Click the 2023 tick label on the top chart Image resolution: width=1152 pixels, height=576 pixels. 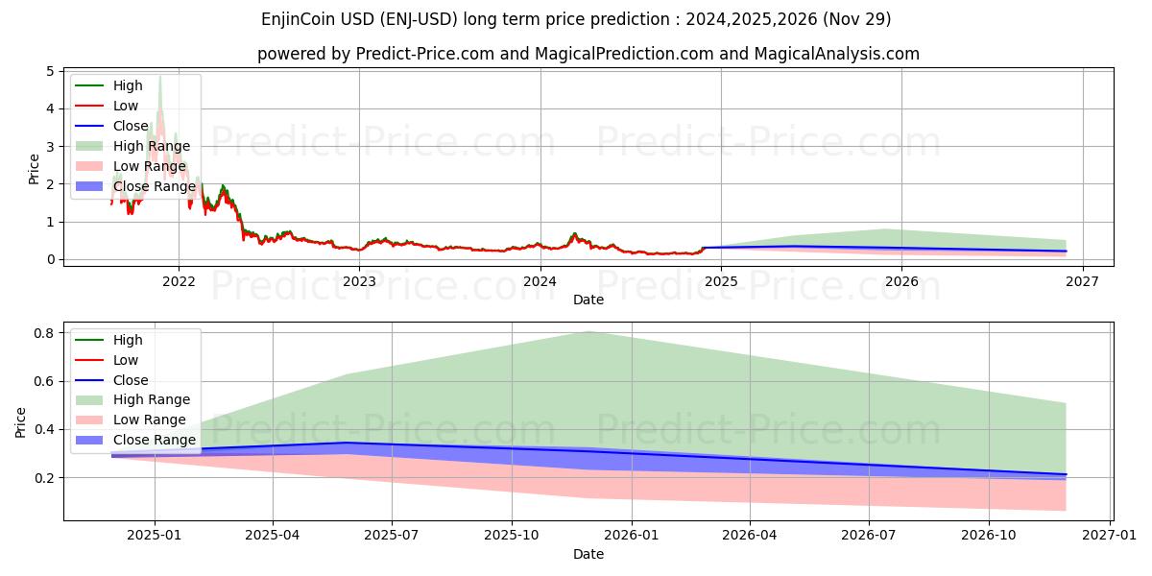pyautogui.click(x=359, y=281)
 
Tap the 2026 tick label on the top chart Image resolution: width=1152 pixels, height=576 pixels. pyautogui.click(x=901, y=281)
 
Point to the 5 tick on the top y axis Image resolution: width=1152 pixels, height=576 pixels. pyautogui.click(x=51, y=71)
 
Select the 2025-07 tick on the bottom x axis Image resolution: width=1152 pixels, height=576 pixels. pyautogui.click(x=392, y=536)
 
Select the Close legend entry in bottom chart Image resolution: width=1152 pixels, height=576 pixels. pyautogui.click(x=131, y=380)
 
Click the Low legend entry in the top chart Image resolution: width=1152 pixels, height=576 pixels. pyautogui.click(x=125, y=106)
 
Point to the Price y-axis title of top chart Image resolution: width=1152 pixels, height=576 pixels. pyautogui.click(x=34, y=167)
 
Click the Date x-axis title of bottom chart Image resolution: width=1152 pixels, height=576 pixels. pyautogui.click(x=588, y=554)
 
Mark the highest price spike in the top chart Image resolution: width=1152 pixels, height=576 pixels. pyautogui.click(x=160, y=77)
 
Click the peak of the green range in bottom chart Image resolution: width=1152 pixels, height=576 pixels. pyautogui.click(x=588, y=331)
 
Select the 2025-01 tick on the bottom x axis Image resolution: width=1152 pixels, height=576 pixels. pyautogui.click(x=154, y=536)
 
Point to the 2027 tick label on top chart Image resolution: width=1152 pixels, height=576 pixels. pyautogui.click(x=1082, y=281)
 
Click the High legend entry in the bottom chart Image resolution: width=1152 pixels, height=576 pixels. pyautogui.click(x=127, y=340)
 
